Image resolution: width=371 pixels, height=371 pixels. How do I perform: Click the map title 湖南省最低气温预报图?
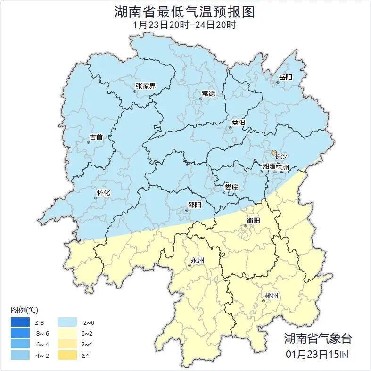(x=185, y=12)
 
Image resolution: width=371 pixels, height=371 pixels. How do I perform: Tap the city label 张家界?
(x=145, y=86)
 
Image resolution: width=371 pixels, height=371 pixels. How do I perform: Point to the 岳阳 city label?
(x=286, y=77)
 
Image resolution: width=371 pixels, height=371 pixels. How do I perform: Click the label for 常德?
(x=208, y=93)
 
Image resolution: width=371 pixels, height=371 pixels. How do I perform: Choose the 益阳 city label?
(x=238, y=123)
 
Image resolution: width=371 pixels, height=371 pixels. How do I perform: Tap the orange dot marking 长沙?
(x=274, y=153)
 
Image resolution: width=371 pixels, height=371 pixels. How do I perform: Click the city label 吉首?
(x=96, y=137)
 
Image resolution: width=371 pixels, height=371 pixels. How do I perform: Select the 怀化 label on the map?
(x=103, y=192)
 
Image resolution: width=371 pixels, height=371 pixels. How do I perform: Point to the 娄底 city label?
(x=231, y=187)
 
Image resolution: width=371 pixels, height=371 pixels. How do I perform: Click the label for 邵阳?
(x=194, y=205)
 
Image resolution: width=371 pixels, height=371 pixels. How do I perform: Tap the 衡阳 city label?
(x=253, y=220)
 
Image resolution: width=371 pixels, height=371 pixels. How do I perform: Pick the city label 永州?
(x=197, y=260)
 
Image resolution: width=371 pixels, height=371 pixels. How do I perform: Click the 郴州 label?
(x=272, y=296)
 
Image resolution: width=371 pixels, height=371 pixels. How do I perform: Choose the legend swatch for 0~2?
(x=67, y=333)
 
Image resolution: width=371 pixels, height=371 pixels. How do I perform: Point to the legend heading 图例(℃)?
(x=25, y=310)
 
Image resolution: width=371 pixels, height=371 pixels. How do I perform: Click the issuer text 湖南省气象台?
(x=318, y=338)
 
